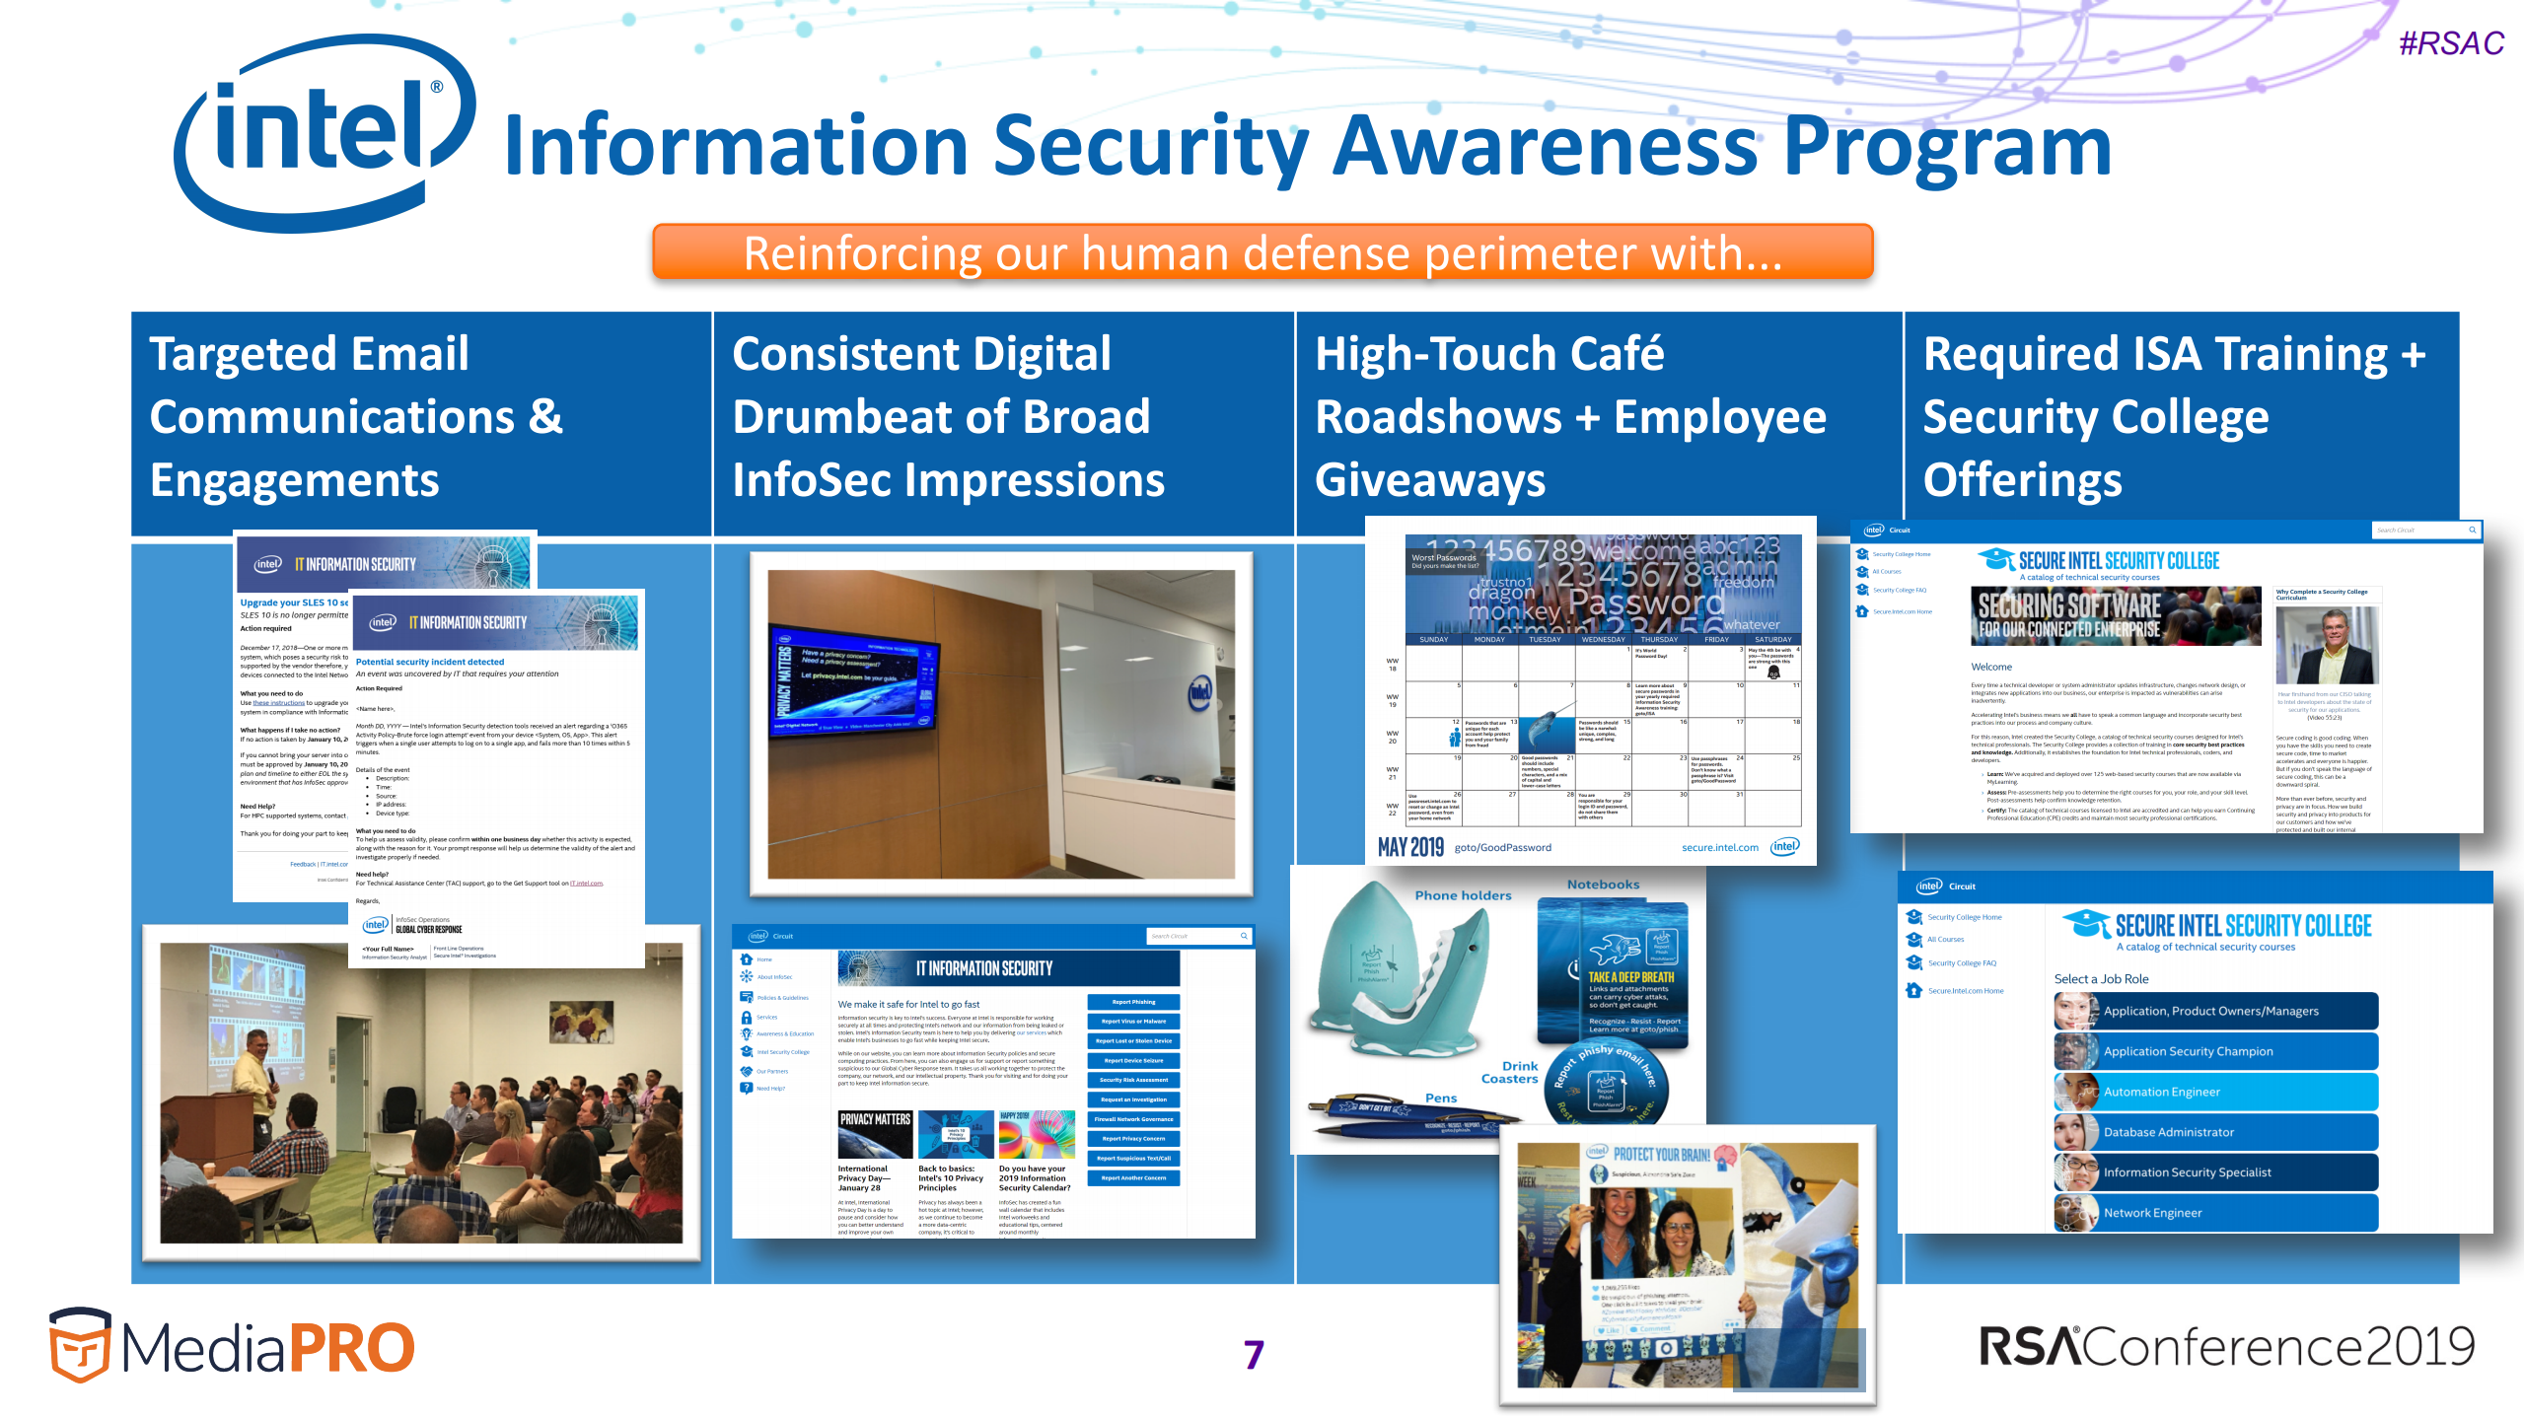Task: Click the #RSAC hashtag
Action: pyautogui.click(x=2450, y=43)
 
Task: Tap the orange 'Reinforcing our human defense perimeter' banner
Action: pyautogui.click(x=1262, y=253)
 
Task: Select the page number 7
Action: pyautogui.click(x=1253, y=1354)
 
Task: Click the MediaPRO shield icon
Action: pyautogui.click(x=80, y=1345)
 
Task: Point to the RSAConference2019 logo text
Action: pyautogui.click(x=2226, y=1347)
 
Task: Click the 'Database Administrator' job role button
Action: pyautogui.click(x=2215, y=1132)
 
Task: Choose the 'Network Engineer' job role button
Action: pyautogui.click(x=2215, y=1213)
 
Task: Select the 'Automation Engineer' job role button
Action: pyautogui.click(x=2215, y=1092)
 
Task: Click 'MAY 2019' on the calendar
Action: pyautogui.click(x=1409, y=847)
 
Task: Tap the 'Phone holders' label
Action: pyautogui.click(x=1462, y=895)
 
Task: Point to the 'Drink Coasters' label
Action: pyautogui.click(x=1510, y=1072)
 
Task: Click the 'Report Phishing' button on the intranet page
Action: pyautogui.click(x=1133, y=1002)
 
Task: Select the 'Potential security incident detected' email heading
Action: pyautogui.click(x=429, y=662)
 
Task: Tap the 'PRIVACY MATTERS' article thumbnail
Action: pyautogui.click(x=874, y=1133)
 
